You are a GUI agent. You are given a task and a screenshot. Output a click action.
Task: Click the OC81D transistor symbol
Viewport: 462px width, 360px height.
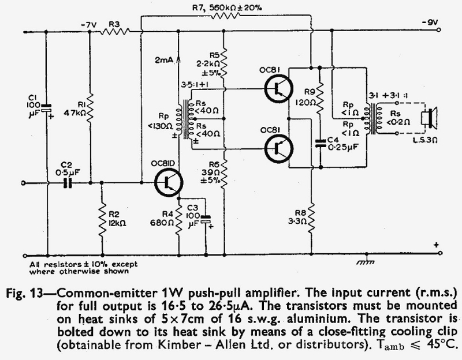click(169, 183)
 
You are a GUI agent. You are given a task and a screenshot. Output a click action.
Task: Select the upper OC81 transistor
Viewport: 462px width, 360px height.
click(279, 88)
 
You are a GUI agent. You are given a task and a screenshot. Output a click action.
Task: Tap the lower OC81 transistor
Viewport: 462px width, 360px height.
click(279, 149)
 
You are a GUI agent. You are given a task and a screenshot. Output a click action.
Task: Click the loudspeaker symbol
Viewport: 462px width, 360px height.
click(430, 118)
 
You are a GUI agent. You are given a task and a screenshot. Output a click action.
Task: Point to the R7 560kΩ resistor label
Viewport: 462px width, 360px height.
click(226, 7)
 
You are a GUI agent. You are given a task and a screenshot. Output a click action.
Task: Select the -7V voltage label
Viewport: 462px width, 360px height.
click(89, 25)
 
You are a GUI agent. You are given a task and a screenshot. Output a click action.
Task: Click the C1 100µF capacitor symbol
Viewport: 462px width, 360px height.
click(46, 108)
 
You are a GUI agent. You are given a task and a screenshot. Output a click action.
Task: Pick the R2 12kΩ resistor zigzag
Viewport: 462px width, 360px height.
click(102, 219)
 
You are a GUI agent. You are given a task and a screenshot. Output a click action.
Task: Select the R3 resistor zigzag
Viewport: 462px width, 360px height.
click(115, 31)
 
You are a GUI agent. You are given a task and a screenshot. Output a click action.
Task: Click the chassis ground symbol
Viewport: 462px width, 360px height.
click(366, 261)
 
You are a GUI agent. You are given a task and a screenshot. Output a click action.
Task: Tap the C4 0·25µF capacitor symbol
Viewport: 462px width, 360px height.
click(321, 143)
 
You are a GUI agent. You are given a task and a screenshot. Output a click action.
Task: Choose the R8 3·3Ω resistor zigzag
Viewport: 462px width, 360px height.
click(311, 218)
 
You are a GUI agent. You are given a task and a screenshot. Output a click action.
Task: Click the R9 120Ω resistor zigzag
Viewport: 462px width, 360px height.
click(321, 99)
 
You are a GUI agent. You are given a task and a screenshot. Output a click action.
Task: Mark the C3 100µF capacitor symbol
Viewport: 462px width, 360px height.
click(206, 219)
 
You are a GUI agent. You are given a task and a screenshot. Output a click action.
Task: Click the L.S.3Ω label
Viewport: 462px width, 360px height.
click(425, 140)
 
